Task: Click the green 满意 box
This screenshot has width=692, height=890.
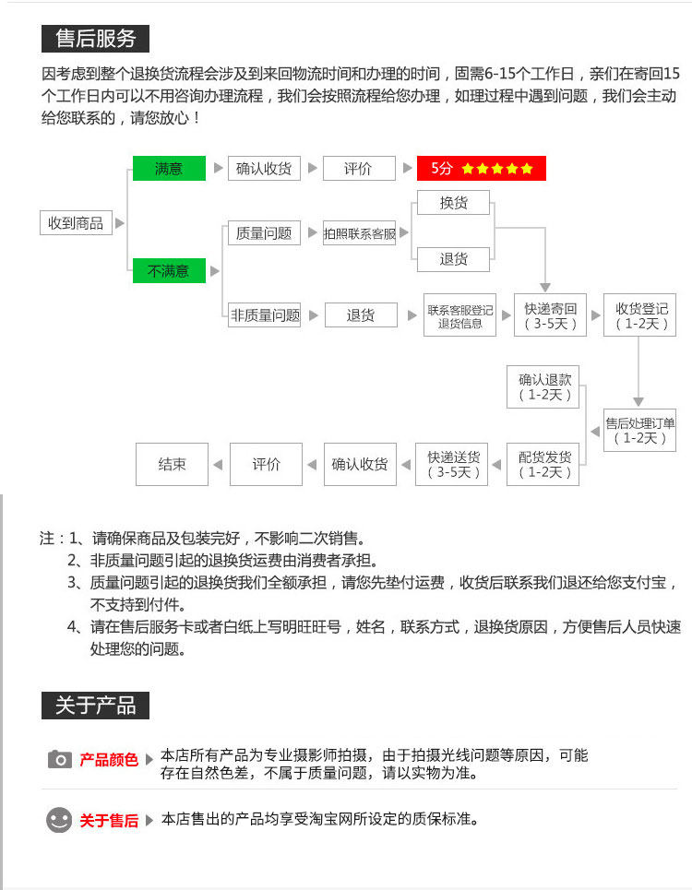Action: (169, 169)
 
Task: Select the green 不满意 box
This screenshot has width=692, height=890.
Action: (169, 271)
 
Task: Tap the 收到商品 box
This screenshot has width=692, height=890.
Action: (76, 222)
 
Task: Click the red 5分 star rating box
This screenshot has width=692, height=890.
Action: (481, 169)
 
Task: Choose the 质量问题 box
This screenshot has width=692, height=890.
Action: (264, 233)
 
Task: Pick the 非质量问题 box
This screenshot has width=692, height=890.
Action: (266, 315)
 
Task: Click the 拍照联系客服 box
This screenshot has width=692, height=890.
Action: (360, 234)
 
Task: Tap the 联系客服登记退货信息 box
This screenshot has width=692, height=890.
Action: (460, 316)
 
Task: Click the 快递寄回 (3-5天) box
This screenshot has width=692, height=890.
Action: (551, 316)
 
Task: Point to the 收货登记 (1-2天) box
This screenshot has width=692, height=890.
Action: (641, 316)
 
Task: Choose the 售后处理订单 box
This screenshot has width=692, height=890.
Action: (640, 431)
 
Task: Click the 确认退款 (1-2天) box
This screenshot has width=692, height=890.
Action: (545, 386)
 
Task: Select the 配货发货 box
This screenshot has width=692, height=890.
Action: (544, 464)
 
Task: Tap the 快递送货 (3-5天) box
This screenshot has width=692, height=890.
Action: (453, 464)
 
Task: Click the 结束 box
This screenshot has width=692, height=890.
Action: (172, 464)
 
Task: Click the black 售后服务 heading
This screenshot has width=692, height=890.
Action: (95, 39)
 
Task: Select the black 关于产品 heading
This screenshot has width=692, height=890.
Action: (95, 706)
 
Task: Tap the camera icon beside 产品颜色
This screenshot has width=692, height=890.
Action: (59, 759)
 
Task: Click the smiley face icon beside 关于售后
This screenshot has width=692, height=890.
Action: (59, 819)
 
